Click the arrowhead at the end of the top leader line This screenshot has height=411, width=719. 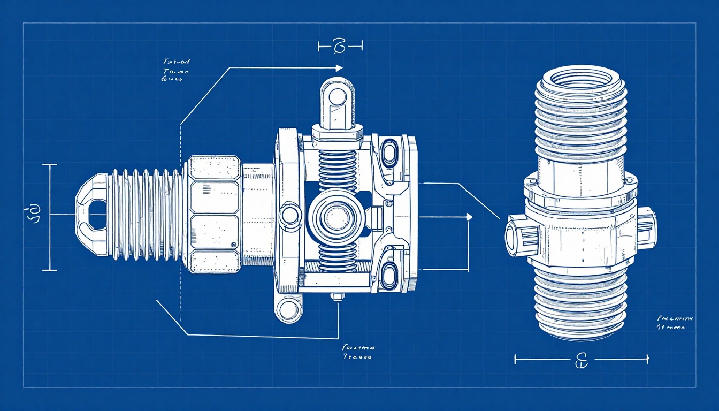339,68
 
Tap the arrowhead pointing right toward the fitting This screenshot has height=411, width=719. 470,217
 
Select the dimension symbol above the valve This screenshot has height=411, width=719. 339,47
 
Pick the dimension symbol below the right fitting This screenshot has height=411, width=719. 581,360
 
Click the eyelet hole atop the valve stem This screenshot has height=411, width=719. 337,97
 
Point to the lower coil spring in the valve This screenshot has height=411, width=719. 337,256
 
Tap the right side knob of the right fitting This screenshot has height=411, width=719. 646,227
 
